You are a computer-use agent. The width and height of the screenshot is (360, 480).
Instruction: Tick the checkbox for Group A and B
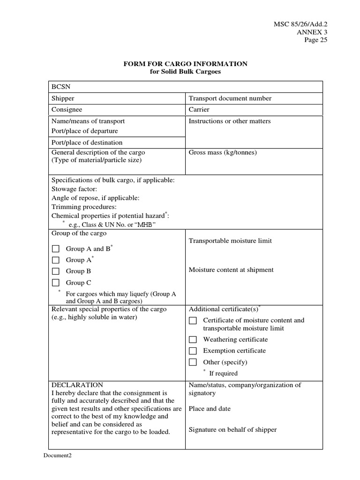[56, 249]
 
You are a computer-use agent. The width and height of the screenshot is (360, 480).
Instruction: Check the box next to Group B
[56, 271]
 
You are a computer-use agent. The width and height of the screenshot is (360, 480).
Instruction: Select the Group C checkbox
[56, 283]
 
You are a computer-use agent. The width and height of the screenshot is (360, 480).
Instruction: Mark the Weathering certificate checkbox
[193, 339]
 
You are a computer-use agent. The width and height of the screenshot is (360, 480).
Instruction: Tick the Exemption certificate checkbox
[193, 351]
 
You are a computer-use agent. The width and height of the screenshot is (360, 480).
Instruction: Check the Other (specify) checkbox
[193, 362]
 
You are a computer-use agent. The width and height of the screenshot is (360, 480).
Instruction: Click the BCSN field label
[60, 87]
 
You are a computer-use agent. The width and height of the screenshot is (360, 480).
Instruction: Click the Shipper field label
[63, 98]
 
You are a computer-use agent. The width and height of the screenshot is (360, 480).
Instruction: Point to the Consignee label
[67, 110]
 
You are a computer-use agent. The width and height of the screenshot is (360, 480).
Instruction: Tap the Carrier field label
[199, 110]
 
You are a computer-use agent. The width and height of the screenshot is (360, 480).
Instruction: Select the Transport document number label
[230, 98]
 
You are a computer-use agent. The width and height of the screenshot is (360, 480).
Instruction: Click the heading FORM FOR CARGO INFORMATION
[185, 64]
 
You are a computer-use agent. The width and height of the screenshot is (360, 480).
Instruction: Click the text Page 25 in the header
[316, 40]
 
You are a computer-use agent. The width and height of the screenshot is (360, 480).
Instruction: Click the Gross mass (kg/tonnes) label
[222, 152]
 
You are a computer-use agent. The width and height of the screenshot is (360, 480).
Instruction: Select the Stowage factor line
[74, 189]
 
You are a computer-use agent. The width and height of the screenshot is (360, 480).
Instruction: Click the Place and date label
[210, 409]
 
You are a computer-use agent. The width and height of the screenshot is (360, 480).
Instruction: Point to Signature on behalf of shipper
[232, 430]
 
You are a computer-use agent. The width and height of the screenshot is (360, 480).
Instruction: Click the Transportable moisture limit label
[230, 241]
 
